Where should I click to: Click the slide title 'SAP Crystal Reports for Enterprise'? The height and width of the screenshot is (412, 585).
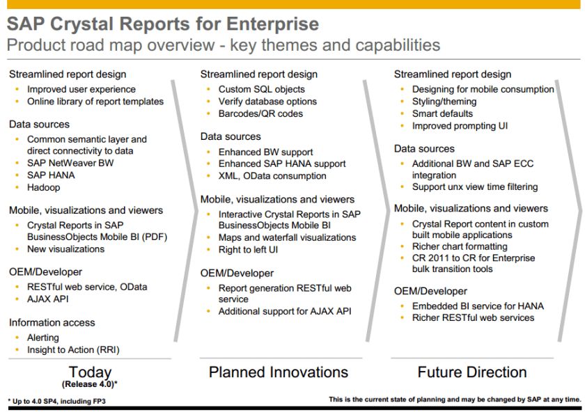[x=163, y=24]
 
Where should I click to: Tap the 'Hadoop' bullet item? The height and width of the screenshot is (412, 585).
[x=43, y=187]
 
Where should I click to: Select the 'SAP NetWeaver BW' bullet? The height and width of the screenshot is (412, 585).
[x=70, y=163]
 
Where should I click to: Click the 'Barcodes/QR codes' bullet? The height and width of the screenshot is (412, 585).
[x=260, y=113]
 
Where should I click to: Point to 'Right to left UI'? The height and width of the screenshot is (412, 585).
[x=248, y=250]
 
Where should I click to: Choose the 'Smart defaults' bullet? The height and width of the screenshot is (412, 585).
[x=442, y=113]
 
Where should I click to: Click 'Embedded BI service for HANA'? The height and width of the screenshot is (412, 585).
[x=478, y=306]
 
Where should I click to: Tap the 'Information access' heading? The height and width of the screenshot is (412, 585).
[x=52, y=322]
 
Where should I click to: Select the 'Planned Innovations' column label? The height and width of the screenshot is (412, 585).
[x=279, y=372]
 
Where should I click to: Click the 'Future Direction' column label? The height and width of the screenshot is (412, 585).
[x=472, y=372]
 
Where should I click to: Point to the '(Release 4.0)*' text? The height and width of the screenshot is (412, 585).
[x=90, y=384]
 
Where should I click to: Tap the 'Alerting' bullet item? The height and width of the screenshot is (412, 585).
[x=43, y=338]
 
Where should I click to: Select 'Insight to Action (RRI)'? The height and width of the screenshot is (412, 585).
[x=73, y=350]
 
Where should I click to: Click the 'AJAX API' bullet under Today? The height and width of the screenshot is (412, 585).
[x=48, y=299]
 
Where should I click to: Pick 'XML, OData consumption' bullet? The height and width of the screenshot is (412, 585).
[x=272, y=176]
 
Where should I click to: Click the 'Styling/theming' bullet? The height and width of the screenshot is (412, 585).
[x=444, y=102]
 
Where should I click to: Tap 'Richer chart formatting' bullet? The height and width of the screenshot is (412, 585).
[x=460, y=246]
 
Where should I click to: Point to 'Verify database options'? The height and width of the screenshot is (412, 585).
[x=267, y=102]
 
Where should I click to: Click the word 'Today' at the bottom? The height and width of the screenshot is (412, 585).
[x=90, y=372]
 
